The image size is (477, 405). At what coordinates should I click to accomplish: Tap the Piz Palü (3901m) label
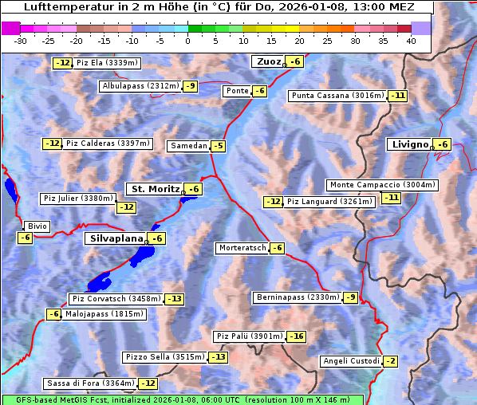point(249,336)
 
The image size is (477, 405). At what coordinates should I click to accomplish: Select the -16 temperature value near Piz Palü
point(297,336)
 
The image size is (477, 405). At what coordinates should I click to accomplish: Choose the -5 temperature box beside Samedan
point(218,146)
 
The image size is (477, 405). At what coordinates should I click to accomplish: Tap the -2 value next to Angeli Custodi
point(390,361)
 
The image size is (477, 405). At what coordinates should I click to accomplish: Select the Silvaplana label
point(116,238)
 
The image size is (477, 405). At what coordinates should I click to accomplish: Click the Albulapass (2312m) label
point(140,86)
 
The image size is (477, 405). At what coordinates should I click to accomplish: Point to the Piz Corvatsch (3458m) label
point(116,299)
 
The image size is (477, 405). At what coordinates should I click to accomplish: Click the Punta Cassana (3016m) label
point(337,96)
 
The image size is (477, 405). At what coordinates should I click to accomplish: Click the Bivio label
point(37,226)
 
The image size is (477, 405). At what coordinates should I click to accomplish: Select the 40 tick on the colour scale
point(411,41)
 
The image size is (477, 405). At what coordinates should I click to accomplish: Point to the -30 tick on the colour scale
point(21,41)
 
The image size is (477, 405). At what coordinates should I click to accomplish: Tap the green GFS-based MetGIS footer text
point(182,399)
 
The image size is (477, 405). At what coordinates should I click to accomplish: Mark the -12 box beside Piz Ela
point(63,63)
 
